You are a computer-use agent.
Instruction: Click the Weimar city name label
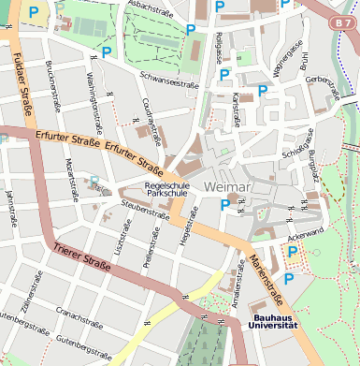[x=226, y=188]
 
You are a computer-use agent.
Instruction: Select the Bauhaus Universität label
[x=273, y=321]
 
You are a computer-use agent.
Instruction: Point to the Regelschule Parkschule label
[x=166, y=190]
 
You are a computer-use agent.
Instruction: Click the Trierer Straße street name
[x=82, y=255]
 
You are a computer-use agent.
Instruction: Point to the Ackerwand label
[x=306, y=231]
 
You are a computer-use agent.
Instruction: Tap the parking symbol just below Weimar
[x=224, y=205]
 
